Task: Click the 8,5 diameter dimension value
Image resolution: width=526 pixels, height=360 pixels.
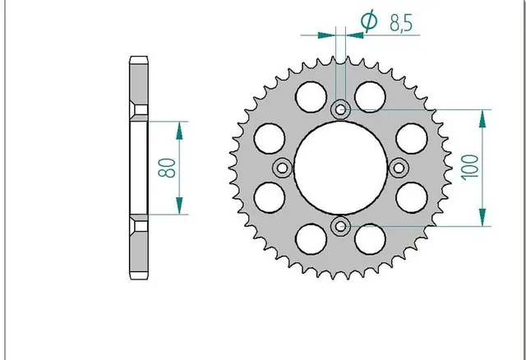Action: pos(401,23)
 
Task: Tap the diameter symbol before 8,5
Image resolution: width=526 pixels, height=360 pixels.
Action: pos(369,21)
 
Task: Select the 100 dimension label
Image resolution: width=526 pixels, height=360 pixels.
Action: pos(469,168)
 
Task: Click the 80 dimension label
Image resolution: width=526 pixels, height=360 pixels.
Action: pos(167,168)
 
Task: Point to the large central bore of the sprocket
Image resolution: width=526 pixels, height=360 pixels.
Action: pos(340,168)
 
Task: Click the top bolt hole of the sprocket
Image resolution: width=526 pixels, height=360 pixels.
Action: pos(340,109)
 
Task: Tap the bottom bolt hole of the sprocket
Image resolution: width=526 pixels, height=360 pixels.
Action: pos(340,226)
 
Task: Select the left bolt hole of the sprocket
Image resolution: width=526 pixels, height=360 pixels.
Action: pos(282,168)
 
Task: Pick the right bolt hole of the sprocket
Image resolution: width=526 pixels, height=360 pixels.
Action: pos(399,168)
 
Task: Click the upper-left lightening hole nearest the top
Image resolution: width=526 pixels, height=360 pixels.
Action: pos(311,97)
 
